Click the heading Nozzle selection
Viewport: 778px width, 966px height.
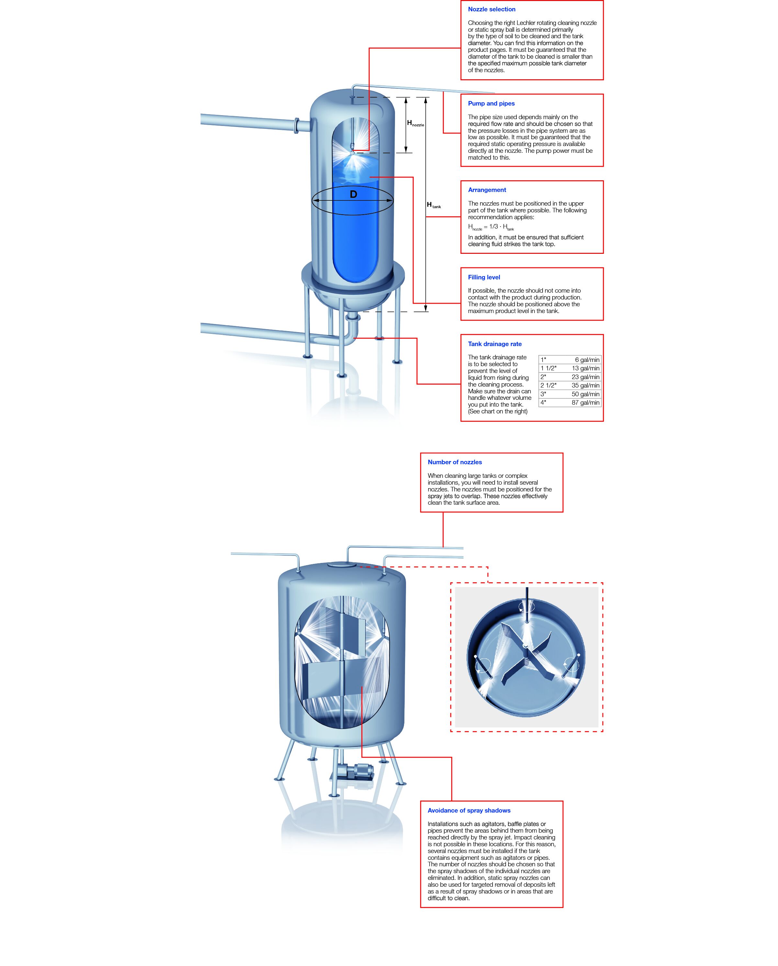point(491,9)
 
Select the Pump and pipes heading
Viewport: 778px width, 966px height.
point(491,104)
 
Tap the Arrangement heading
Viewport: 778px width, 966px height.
point(487,190)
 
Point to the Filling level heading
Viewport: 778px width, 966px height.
point(484,277)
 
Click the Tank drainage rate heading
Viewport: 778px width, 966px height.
point(495,344)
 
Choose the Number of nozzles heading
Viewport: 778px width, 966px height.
point(455,462)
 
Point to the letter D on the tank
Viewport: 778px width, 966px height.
point(353,195)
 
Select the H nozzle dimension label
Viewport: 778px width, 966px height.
point(415,123)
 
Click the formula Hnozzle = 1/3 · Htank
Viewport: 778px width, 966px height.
point(491,227)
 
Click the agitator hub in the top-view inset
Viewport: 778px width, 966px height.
point(525,646)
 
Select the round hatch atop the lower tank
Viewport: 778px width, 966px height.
point(342,566)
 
